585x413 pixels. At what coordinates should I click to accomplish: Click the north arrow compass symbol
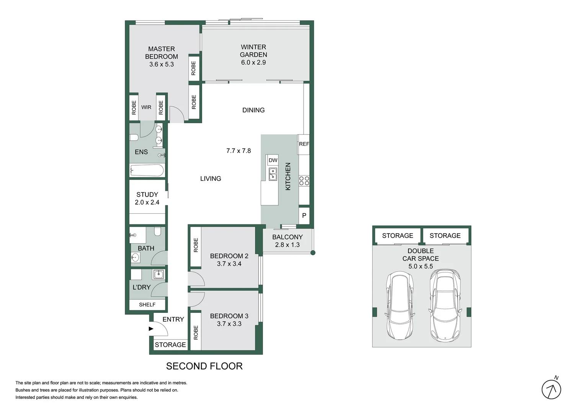tap(551, 390)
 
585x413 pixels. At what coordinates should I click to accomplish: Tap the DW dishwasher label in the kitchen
tap(273, 160)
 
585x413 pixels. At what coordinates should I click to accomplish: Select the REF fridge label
tap(304, 144)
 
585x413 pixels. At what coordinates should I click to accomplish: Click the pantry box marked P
tap(304, 216)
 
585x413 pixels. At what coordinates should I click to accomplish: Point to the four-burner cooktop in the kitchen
tap(304, 181)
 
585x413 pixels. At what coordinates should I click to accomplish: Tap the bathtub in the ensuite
tap(147, 170)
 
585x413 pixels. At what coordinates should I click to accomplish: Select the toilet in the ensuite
tap(134, 138)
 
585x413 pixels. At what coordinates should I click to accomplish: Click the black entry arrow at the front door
tap(151, 329)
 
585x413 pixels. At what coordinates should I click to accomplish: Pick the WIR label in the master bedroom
tap(146, 107)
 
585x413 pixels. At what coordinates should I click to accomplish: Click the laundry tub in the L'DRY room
tap(158, 274)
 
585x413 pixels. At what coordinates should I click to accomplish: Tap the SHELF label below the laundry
tap(147, 305)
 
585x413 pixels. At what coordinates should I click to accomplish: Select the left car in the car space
tap(399, 306)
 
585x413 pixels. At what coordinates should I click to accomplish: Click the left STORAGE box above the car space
tap(397, 236)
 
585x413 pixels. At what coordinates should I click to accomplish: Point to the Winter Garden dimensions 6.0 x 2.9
tap(253, 63)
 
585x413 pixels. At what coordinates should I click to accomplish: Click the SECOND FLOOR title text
tap(204, 366)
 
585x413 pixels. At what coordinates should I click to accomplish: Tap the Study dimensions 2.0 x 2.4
tap(147, 203)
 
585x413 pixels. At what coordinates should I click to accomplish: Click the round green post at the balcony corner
tap(313, 253)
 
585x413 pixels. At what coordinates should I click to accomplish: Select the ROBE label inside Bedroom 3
tap(196, 332)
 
